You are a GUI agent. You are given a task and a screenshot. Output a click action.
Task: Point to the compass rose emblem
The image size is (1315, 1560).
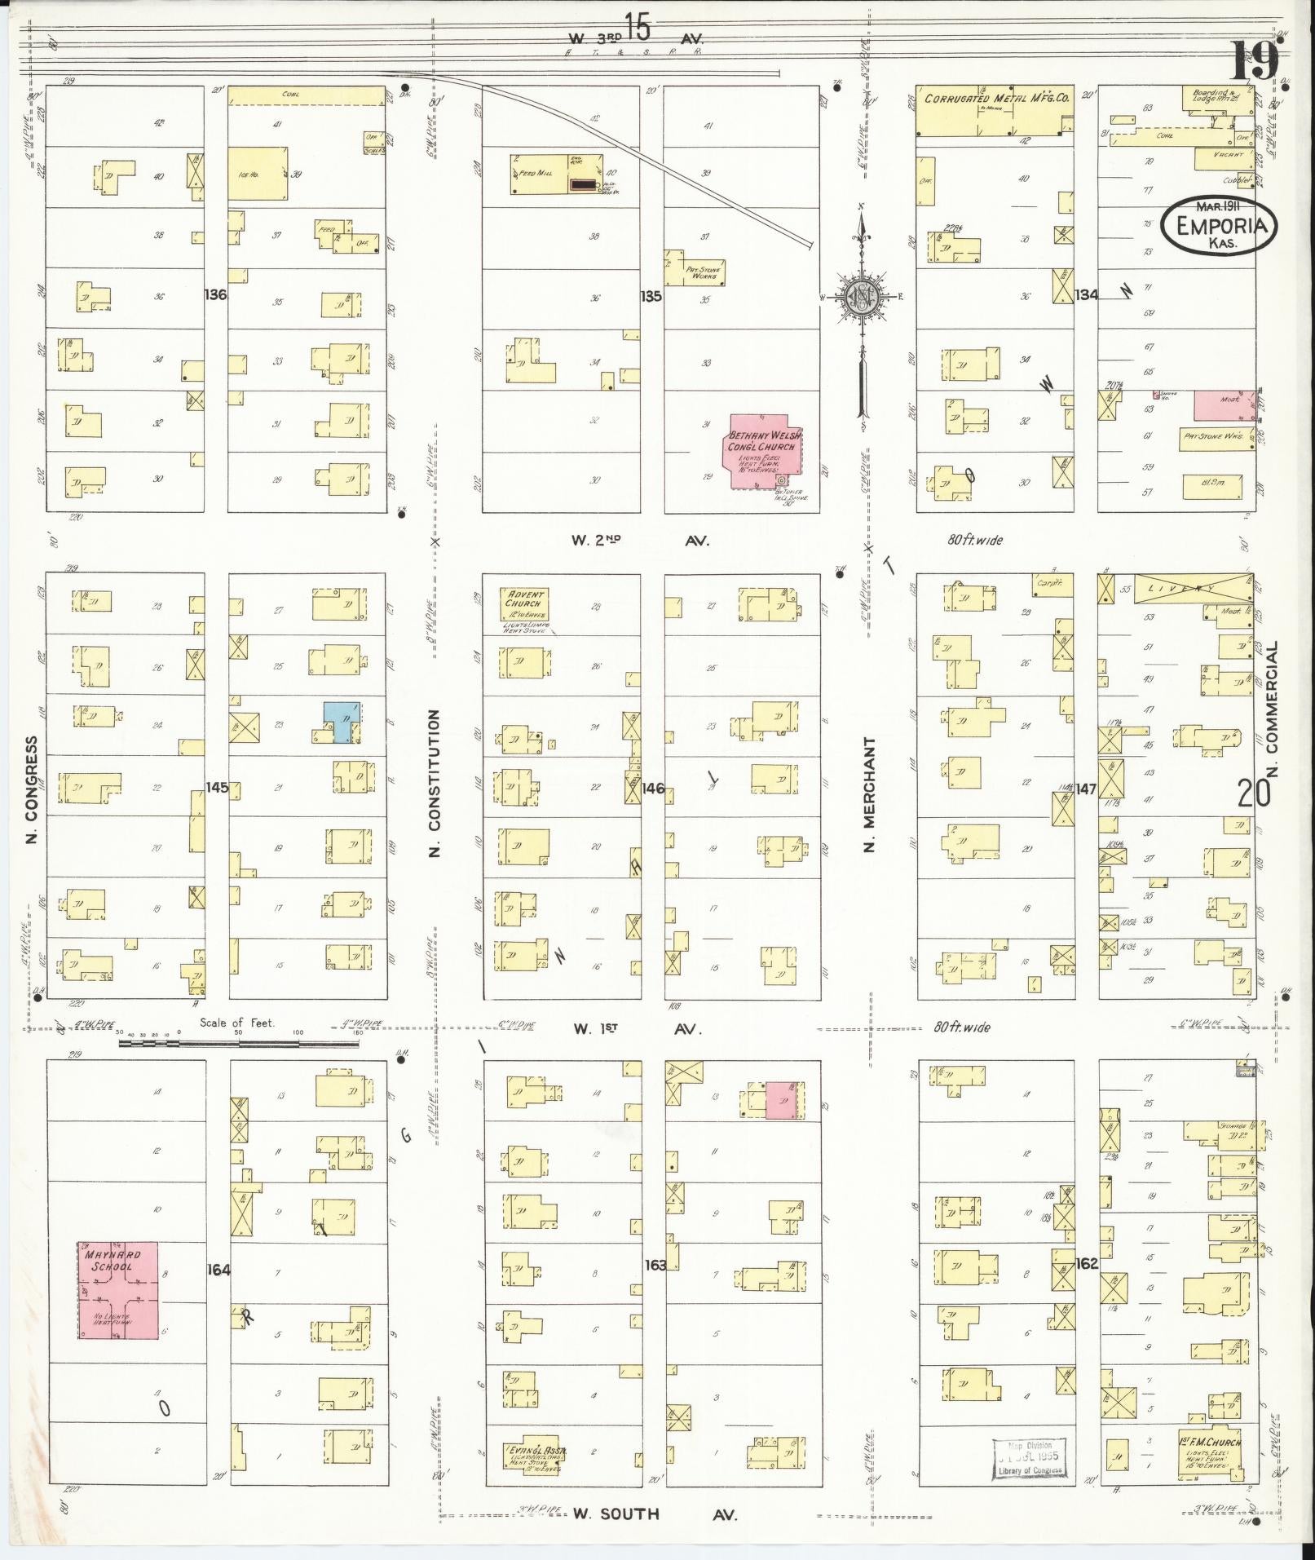860,295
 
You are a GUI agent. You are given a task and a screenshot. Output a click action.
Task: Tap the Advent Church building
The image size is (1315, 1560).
524,604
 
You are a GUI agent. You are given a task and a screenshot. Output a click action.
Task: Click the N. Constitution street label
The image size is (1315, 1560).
435,782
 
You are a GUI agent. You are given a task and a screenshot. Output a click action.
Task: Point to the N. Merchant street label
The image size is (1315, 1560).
870,795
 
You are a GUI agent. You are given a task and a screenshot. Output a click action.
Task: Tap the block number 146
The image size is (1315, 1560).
653,789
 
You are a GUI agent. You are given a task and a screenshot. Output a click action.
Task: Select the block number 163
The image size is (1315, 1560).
655,1265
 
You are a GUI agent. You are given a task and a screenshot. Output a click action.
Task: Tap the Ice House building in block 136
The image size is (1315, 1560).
257,174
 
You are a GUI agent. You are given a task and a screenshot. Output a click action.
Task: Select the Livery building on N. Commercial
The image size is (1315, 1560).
1182,589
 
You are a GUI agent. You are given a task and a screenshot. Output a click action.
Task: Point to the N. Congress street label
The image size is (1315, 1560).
33,789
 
